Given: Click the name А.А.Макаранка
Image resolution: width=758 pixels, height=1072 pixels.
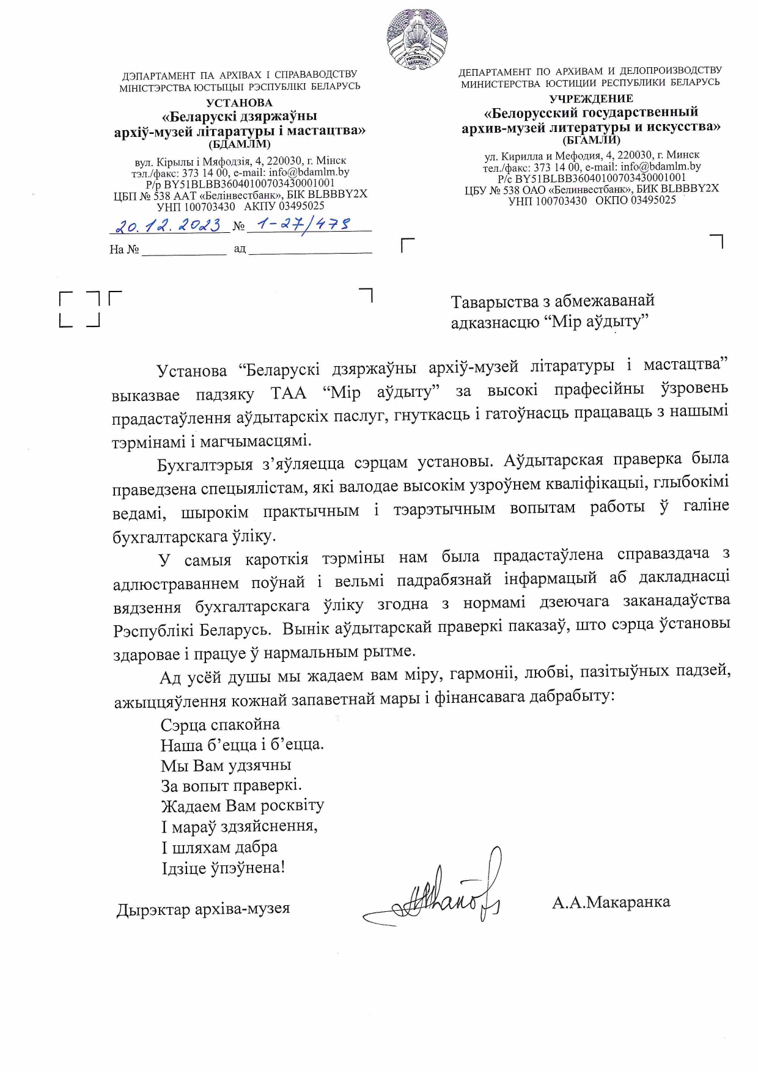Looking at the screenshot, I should pos(611,901).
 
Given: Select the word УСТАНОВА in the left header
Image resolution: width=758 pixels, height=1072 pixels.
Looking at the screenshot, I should pos(239,103).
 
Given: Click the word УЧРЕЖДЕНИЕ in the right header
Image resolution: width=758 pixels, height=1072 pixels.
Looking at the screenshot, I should pos(591,98).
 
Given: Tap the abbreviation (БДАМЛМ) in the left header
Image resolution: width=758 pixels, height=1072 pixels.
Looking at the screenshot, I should pos(239,144).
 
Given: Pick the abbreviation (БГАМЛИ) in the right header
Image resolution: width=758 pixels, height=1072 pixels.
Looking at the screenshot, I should pos(591,140).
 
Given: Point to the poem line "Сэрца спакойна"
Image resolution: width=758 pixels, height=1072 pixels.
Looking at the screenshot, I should pos(220,725).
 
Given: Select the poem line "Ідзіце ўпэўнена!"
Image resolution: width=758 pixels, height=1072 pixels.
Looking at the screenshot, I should pos(223,867).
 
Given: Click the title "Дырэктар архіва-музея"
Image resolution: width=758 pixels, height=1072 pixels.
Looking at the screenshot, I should pos(203,909).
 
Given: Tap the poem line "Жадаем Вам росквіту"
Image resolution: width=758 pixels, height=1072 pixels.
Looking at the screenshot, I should pos(242,806).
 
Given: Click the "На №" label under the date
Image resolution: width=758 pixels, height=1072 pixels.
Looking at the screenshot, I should pos(124,249).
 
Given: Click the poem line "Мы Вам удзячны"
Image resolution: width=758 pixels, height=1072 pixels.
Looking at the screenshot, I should pos(226,765).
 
